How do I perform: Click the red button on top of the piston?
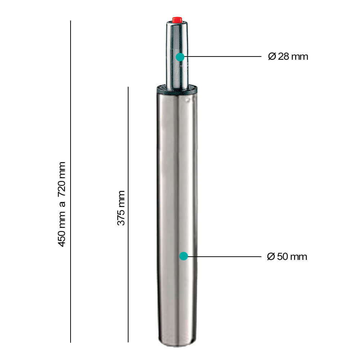click(x=176, y=19)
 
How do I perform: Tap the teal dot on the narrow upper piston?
click(x=180, y=57)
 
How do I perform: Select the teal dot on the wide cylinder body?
click(x=184, y=256)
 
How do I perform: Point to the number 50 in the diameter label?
click(x=283, y=257)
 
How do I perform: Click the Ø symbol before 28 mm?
click(x=272, y=57)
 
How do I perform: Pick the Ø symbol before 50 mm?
click(x=271, y=257)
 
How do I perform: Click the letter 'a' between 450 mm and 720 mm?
click(x=62, y=204)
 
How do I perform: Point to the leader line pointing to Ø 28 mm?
click(x=223, y=57)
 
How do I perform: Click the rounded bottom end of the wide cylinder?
click(x=177, y=344)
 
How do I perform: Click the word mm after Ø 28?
click(x=300, y=57)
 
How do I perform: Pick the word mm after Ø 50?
click(x=298, y=257)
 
